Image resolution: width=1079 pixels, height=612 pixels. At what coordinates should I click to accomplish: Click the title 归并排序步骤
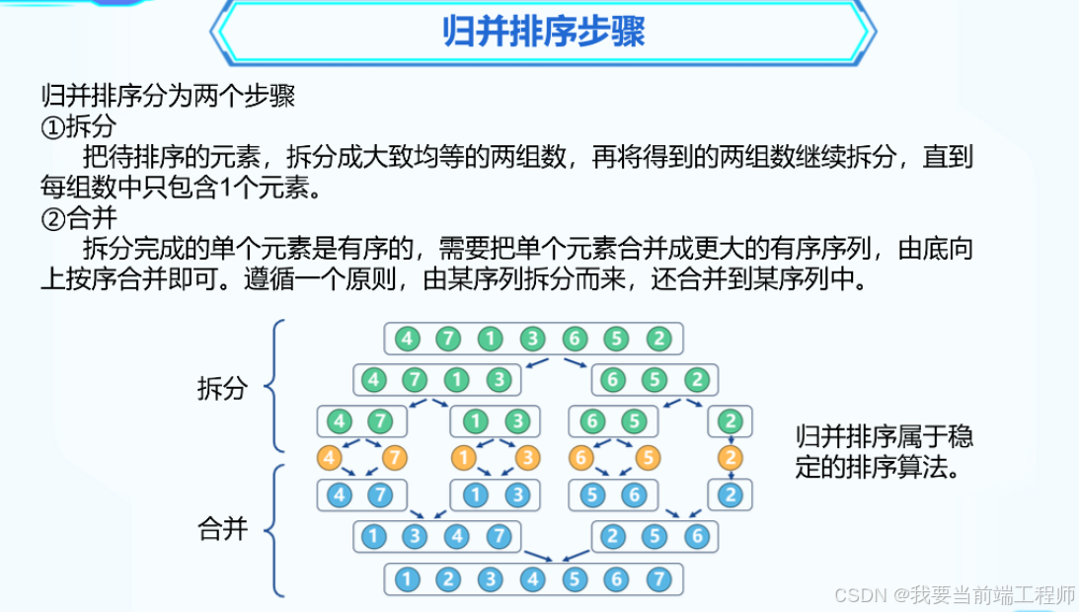click(544, 33)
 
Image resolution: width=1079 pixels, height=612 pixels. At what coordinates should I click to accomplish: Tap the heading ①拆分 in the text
click(78, 126)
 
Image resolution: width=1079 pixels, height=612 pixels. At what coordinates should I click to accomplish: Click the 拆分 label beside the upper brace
click(221, 388)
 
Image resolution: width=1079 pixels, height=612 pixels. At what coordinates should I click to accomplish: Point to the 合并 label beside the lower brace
click(221, 529)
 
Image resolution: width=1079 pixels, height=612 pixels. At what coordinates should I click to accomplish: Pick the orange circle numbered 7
click(394, 458)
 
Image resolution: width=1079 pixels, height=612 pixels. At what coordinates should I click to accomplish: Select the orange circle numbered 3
click(527, 458)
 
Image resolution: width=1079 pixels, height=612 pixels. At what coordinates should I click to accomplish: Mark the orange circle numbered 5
click(647, 458)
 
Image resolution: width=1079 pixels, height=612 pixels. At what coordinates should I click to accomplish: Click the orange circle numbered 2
click(731, 458)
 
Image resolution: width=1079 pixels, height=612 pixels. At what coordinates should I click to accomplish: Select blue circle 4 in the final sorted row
click(532, 579)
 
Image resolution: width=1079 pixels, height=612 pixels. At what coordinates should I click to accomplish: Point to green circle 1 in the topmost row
click(490, 339)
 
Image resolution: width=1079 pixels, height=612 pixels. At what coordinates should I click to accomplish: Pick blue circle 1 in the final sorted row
click(406, 579)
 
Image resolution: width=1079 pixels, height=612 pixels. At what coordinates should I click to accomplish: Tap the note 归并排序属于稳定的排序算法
click(883, 451)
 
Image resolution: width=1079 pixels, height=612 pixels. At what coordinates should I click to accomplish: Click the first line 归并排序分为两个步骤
click(168, 96)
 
